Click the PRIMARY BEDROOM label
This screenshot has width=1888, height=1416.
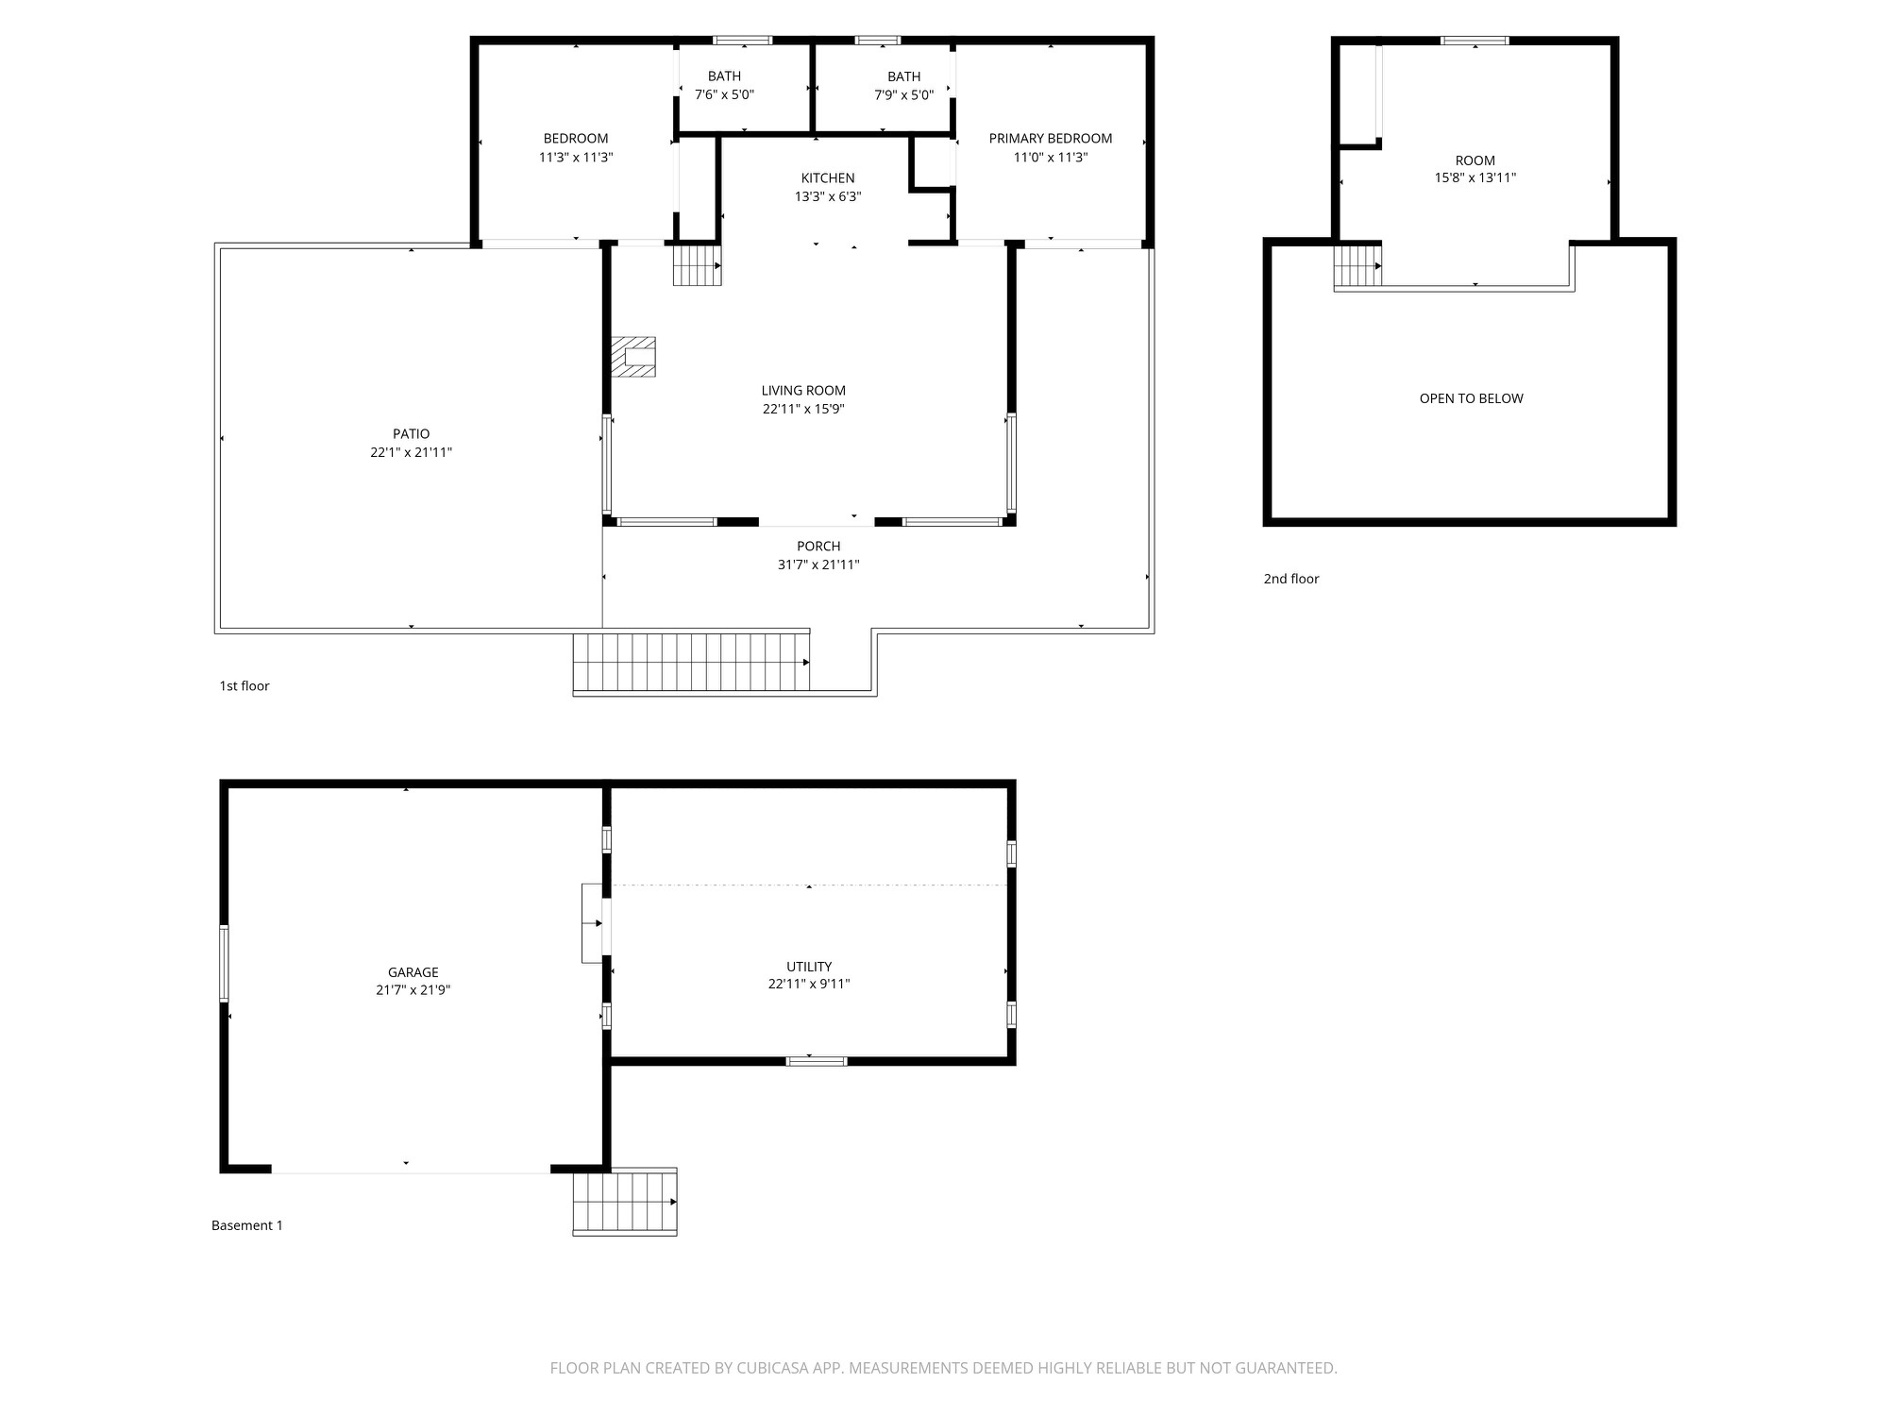pyautogui.click(x=1050, y=139)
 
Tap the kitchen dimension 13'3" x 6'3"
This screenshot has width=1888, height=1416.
pyautogui.click(x=828, y=197)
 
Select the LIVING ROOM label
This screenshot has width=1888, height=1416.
pyautogui.click(x=803, y=391)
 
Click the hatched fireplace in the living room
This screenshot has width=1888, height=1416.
pyautogui.click(x=633, y=357)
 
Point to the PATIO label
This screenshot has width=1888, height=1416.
pyautogui.click(x=412, y=434)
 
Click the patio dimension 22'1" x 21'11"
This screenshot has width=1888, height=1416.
pyautogui.click(x=412, y=453)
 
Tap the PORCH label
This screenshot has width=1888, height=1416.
pyautogui.click(x=818, y=547)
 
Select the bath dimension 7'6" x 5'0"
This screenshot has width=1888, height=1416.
pyautogui.click(x=724, y=95)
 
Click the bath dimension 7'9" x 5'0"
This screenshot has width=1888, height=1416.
pyautogui.click(x=903, y=95)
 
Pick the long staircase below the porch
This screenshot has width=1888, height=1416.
pyautogui.click(x=691, y=662)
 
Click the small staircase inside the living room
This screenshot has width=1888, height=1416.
pyautogui.click(x=697, y=265)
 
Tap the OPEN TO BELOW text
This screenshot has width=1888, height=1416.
pyautogui.click(x=1471, y=398)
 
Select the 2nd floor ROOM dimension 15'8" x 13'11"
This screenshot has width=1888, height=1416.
pyautogui.click(x=1475, y=177)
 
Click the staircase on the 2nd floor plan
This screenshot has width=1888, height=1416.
pyautogui.click(x=1357, y=265)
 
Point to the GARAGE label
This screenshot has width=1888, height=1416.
pyautogui.click(x=413, y=972)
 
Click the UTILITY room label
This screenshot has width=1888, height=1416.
pyautogui.click(x=809, y=967)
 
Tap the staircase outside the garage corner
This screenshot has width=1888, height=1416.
pyautogui.click(x=625, y=1202)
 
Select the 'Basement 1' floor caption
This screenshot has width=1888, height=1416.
pyautogui.click(x=247, y=1225)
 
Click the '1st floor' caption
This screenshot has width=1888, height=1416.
pyautogui.click(x=244, y=686)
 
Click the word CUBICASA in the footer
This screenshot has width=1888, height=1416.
pyautogui.click(x=773, y=1368)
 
